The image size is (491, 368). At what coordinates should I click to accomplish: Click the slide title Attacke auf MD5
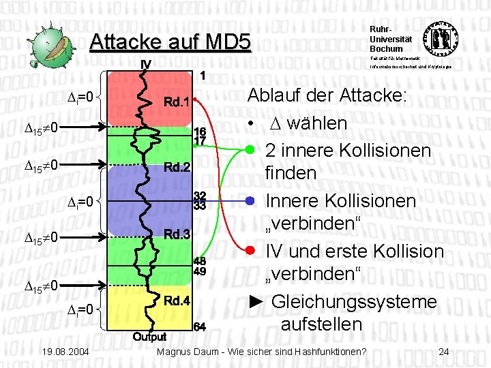click(170, 42)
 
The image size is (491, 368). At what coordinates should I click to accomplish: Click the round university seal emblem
click(441, 39)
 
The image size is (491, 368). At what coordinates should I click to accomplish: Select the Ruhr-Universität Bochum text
click(386, 39)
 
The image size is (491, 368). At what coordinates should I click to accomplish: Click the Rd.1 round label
click(176, 102)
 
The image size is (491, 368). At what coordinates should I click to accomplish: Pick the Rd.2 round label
click(176, 166)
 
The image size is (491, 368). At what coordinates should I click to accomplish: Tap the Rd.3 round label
click(176, 233)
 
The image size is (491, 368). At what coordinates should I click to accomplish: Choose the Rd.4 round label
click(176, 301)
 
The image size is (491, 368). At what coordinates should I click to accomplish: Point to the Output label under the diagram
click(149, 337)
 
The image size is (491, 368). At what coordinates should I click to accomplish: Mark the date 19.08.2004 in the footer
click(63, 352)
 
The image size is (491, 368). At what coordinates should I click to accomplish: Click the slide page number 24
click(444, 352)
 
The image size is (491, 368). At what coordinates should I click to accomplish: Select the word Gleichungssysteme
click(354, 301)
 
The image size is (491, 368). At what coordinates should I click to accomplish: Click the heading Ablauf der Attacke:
click(327, 95)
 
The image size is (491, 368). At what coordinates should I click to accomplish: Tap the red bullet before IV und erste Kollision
click(251, 251)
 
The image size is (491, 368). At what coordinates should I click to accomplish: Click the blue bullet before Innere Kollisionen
click(251, 201)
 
